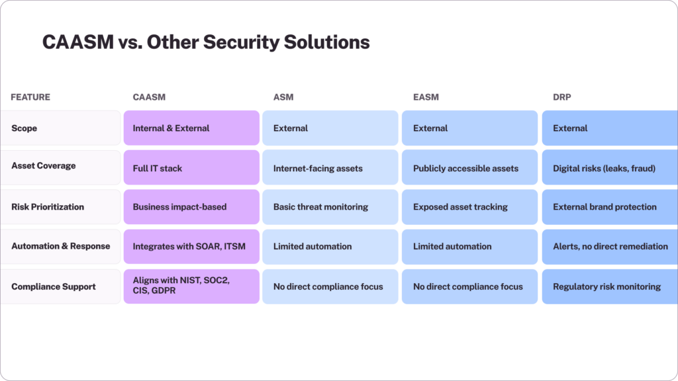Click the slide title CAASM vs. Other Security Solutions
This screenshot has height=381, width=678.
point(206,42)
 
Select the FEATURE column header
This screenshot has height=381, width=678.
point(30,97)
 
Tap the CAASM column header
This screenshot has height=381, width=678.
point(149,97)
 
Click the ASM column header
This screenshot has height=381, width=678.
point(283,97)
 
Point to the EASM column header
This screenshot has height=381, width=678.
point(426,97)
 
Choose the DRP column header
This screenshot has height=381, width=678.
point(563,97)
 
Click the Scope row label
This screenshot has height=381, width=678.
point(24,128)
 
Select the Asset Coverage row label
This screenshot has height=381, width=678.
point(44,166)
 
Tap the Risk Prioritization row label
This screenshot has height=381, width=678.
point(48,207)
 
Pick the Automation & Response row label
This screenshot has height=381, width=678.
point(61,246)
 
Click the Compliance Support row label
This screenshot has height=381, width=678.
point(54,286)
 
